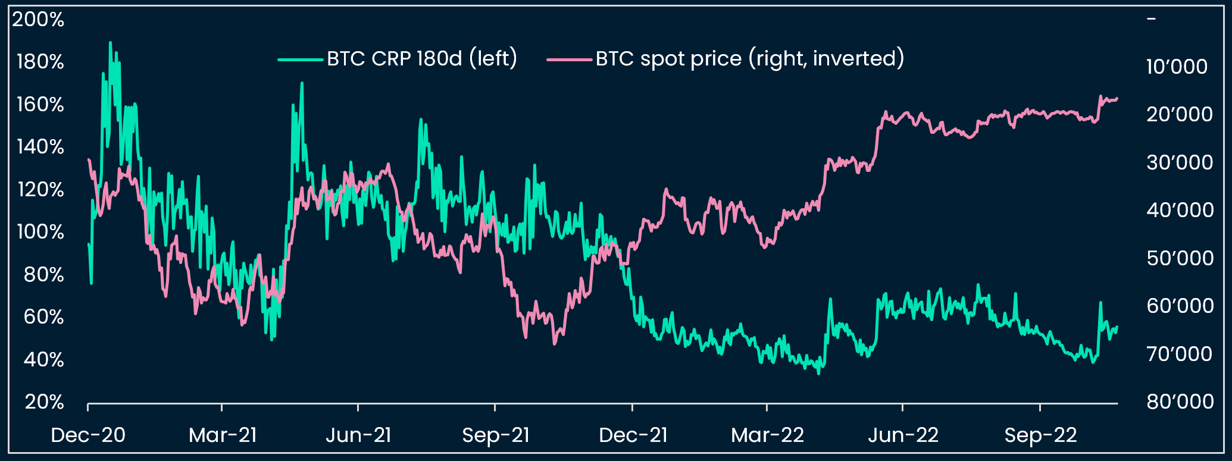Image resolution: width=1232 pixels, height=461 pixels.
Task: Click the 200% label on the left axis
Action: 38,20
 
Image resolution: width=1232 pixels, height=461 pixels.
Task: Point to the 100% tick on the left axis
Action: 40,232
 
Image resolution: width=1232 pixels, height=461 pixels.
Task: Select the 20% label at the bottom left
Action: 44,402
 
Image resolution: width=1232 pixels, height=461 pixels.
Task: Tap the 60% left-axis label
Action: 43,317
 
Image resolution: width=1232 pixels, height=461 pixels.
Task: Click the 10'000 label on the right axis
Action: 1177,67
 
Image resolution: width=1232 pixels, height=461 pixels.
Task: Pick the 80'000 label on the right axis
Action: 1180,402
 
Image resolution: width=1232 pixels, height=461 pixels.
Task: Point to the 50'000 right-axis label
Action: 1180,258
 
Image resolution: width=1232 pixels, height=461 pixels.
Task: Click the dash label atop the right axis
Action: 1151,19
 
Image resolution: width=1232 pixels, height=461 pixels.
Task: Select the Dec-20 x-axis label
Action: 88,435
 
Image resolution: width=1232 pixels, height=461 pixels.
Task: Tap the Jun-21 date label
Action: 358,435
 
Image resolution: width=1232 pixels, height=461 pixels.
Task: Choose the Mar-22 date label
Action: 767,435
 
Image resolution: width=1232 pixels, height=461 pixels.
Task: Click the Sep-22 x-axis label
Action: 1040,435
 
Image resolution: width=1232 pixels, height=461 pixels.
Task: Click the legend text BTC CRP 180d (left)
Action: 422,58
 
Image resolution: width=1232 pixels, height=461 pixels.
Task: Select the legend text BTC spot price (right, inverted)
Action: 750,58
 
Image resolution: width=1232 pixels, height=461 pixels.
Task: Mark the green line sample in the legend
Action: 301,59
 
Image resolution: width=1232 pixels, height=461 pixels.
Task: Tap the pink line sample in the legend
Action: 570,59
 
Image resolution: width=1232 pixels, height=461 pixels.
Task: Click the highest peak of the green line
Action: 110,43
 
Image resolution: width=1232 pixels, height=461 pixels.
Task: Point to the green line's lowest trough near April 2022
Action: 818,374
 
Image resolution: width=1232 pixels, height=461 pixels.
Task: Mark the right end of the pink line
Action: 1117,99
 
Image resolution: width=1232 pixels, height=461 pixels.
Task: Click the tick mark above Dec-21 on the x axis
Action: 632,407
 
